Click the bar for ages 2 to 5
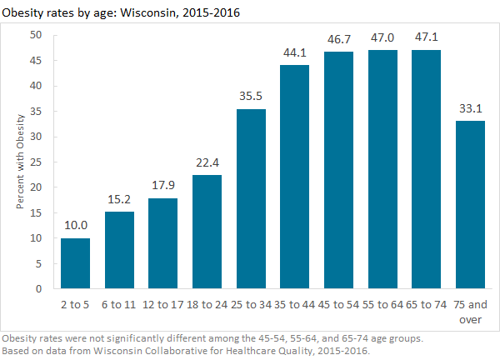(76, 263)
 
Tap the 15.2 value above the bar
(119, 200)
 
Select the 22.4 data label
(207, 163)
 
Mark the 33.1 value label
(469, 109)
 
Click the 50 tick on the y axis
(36, 35)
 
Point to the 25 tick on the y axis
(36, 162)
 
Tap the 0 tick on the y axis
(39, 289)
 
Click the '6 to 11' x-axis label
(119, 303)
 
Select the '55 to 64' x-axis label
(382, 303)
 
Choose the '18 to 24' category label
(207, 303)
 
